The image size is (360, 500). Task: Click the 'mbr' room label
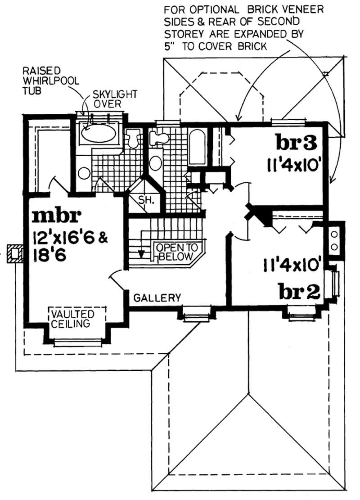tap(56, 216)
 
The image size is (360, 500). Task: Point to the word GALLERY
tap(157, 297)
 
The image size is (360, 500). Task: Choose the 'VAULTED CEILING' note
tap(72, 319)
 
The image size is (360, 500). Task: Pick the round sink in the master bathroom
tap(84, 173)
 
